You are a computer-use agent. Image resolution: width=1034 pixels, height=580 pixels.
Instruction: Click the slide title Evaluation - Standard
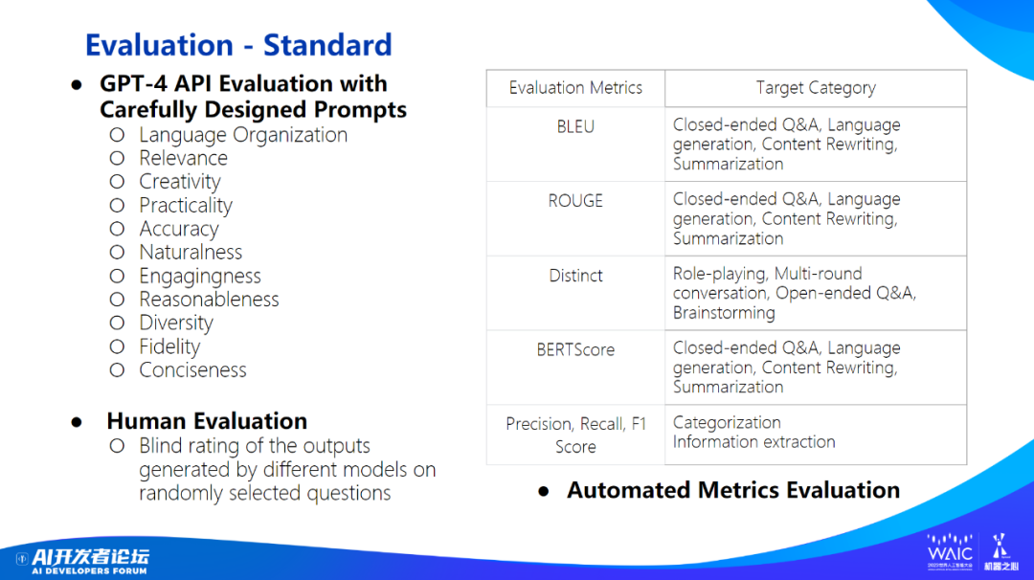click(238, 45)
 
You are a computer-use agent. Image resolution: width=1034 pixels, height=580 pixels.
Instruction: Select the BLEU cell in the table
click(575, 144)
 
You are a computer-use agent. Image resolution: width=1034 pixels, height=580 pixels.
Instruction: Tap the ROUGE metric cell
click(575, 218)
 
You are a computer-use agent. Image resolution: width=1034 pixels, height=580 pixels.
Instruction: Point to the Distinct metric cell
click(575, 293)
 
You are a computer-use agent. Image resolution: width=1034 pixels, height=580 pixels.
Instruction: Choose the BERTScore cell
click(575, 368)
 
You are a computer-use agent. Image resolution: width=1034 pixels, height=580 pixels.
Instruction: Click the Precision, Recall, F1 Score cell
click(575, 435)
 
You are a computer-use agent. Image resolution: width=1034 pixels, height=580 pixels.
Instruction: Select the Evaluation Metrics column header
click(575, 88)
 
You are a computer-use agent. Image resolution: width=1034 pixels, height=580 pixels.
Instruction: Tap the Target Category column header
click(816, 88)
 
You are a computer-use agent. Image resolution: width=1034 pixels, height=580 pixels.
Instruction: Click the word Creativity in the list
click(180, 182)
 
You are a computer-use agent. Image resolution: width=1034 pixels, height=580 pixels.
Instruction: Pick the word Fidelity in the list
click(169, 346)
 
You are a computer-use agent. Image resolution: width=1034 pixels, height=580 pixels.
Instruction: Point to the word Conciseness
click(192, 370)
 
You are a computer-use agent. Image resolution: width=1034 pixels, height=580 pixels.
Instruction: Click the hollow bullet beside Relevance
click(117, 158)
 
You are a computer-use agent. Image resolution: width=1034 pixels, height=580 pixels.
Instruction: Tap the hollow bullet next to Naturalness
click(117, 252)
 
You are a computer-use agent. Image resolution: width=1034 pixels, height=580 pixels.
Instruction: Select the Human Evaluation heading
click(207, 420)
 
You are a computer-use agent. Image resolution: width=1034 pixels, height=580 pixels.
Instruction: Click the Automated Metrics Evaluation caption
click(733, 490)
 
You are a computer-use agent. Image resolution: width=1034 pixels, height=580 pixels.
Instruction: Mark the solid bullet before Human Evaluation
click(78, 422)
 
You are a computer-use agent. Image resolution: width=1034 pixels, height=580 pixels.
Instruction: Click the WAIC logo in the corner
click(951, 551)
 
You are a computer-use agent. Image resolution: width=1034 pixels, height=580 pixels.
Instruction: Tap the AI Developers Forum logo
click(83, 560)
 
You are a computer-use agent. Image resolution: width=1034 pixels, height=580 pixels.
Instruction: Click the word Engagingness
click(200, 277)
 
